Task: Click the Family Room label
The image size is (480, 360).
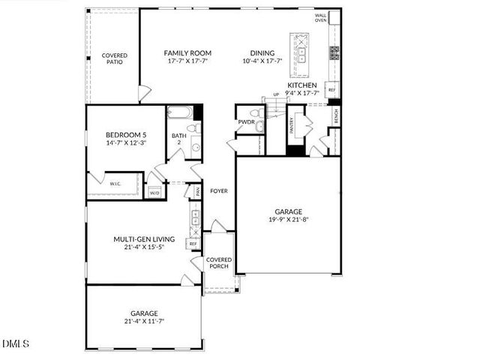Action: (x=187, y=53)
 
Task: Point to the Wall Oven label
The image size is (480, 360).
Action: (x=321, y=17)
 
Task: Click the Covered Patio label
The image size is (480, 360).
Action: (x=115, y=58)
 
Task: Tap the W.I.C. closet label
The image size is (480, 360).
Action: (x=115, y=184)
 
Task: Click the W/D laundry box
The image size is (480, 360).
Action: (x=154, y=193)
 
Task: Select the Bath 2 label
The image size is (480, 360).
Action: (x=177, y=139)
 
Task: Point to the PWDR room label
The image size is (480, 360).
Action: (x=246, y=121)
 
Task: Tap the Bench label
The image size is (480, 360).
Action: (x=335, y=116)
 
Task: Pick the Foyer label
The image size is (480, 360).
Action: (x=218, y=190)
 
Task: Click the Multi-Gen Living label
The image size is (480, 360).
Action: (x=144, y=239)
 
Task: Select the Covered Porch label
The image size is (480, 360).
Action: (x=219, y=263)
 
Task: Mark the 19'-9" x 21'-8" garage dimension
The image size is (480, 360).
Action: (x=289, y=220)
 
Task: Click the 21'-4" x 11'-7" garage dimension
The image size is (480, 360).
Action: (x=144, y=321)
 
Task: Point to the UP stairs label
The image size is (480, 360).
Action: (x=276, y=94)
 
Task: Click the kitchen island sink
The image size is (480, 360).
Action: (x=301, y=49)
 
